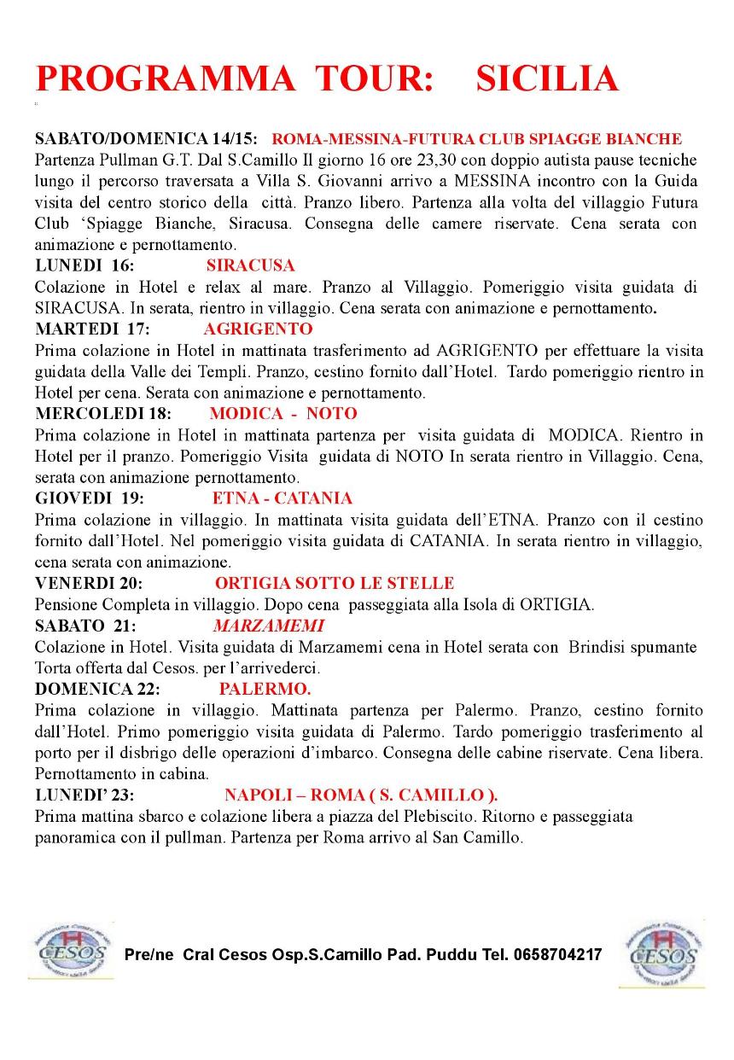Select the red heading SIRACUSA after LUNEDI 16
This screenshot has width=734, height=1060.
[x=250, y=265]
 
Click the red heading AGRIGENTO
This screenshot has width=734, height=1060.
[x=258, y=329]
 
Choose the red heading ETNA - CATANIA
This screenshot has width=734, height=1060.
[x=282, y=498]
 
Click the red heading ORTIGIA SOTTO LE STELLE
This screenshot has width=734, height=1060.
[x=335, y=584]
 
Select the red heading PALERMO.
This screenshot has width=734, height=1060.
[x=265, y=689]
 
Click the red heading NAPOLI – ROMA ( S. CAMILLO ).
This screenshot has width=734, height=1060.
[x=361, y=795]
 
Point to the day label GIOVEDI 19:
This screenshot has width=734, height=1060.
[x=90, y=498]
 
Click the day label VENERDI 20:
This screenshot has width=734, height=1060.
[x=89, y=584]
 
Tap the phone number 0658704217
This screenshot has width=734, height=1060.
[x=558, y=954]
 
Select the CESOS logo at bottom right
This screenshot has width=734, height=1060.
[x=663, y=953]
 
